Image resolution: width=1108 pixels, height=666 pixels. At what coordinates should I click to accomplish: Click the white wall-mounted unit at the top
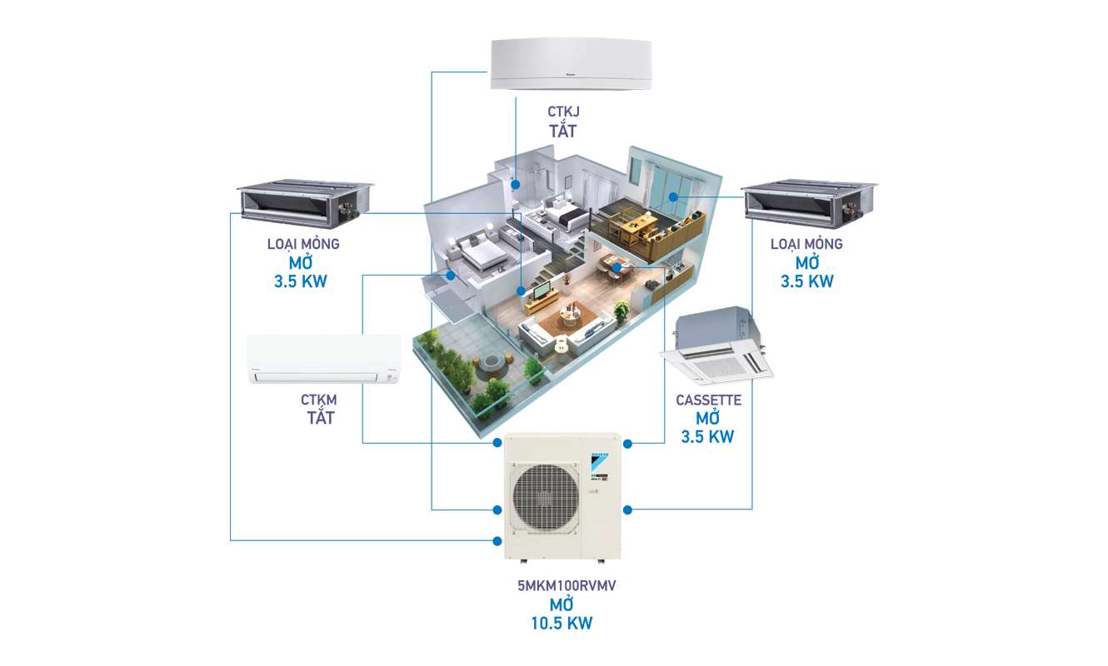569,63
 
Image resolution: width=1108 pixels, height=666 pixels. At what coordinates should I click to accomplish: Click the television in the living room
542,291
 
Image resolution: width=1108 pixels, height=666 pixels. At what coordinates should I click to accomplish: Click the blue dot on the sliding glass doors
672,196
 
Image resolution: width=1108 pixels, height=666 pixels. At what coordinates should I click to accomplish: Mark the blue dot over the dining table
616,268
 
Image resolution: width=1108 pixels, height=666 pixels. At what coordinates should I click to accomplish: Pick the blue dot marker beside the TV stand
522,291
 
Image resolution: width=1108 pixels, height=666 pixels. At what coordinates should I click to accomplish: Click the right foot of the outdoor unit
600,561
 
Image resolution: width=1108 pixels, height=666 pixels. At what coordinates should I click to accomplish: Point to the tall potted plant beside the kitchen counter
621,313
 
